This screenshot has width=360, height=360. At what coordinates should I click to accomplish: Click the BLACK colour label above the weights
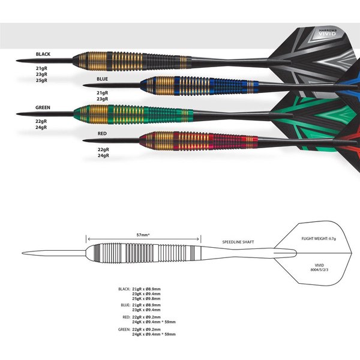click(x=43, y=54)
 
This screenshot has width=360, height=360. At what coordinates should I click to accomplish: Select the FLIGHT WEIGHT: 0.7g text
click(x=320, y=238)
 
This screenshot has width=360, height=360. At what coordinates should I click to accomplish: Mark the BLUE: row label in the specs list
click(x=125, y=304)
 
